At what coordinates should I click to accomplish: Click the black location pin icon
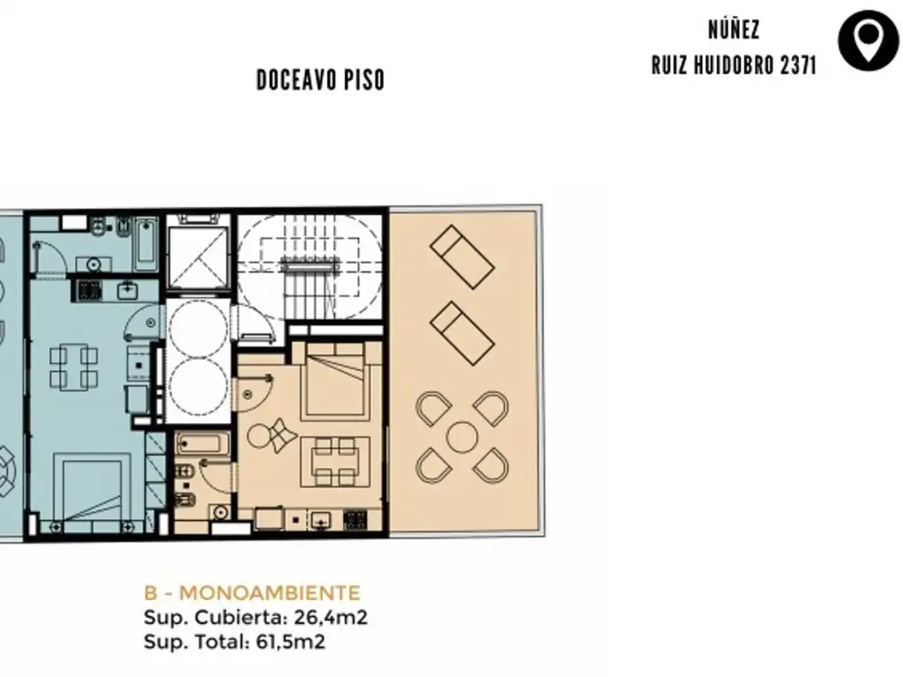click(869, 41)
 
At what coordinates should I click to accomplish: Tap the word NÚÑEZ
click(734, 30)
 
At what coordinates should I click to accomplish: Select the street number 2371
click(797, 65)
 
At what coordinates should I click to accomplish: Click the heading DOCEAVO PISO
click(320, 80)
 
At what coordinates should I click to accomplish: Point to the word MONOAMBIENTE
click(270, 592)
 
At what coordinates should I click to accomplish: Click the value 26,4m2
click(331, 617)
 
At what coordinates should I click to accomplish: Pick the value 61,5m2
click(290, 642)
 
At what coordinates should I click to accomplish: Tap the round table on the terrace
click(462, 437)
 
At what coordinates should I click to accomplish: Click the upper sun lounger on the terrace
click(462, 257)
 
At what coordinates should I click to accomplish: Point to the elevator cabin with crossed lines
click(198, 258)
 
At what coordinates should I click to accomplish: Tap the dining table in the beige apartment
click(335, 462)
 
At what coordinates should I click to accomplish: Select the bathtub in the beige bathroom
click(203, 444)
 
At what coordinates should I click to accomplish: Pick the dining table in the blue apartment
click(73, 366)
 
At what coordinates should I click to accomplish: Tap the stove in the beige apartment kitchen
click(355, 520)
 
